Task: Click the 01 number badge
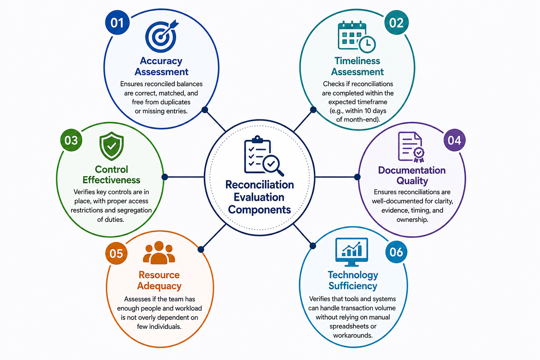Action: pyautogui.click(x=117, y=22)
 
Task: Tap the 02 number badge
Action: pyautogui.click(x=396, y=22)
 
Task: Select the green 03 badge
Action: pyautogui.click(x=71, y=140)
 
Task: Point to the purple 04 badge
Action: pyautogui.click(x=455, y=140)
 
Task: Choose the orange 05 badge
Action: pyautogui.click(x=116, y=253)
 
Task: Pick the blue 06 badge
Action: pyautogui.click(x=396, y=252)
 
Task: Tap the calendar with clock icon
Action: pyautogui.click(x=356, y=37)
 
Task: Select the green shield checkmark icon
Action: pyautogui.click(x=111, y=146)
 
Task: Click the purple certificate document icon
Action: pyautogui.click(x=411, y=147)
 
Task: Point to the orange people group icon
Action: pyautogui.click(x=159, y=252)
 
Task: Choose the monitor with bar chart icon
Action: pyautogui.click(x=352, y=252)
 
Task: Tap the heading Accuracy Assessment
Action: pyautogui.click(x=161, y=66)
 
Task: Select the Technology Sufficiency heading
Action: pyautogui.click(x=353, y=280)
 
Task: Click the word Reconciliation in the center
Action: pyautogui.click(x=260, y=185)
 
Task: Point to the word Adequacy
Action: pyautogui.click(x=159, y=286)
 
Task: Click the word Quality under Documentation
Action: pyautogui.click(x=412, y=181)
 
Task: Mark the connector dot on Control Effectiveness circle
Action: pyautogui.click(x=165, y=177)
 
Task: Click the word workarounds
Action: pyautogui.click(x=353, y=335)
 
